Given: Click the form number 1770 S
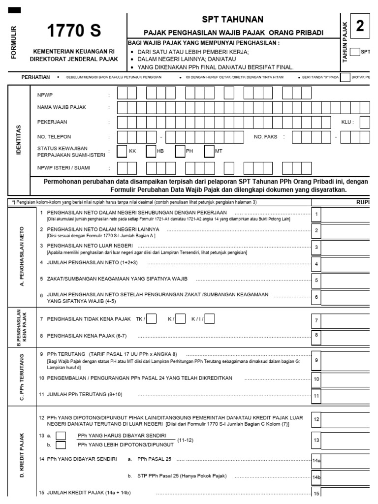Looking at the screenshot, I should [x=73, y=31].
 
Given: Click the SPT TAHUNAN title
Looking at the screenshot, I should [x=233, y=19].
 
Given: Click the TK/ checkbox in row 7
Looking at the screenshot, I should [x=152, y=319].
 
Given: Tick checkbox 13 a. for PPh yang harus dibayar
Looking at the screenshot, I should [x=61, y=436].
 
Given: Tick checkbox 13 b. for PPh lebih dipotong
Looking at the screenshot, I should [x=61, y=445].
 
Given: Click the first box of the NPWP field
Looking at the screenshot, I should [x=122, y=94].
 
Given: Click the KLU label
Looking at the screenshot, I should [x=347, y=122].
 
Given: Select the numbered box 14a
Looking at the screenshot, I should [x=316, y=461].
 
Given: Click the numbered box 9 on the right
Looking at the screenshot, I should [x=316, y=360].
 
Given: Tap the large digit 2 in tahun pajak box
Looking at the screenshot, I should [x=360, y=27].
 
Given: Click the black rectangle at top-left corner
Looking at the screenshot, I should [x=15, y=10].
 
